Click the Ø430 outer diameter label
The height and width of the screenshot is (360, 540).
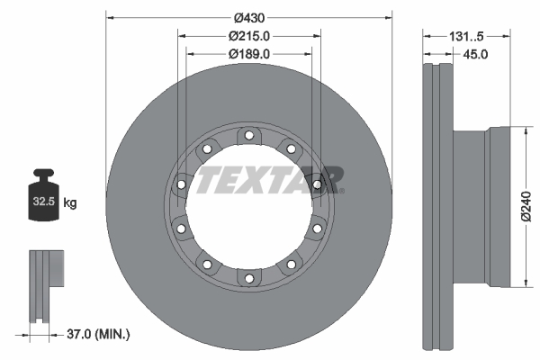250,17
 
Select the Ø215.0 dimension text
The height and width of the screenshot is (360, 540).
250,36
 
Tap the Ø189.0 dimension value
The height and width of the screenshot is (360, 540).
250,54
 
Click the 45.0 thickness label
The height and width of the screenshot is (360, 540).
474,54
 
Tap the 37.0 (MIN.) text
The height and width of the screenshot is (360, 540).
99,334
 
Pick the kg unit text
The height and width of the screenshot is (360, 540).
70,203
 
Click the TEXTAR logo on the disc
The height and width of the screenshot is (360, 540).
269,179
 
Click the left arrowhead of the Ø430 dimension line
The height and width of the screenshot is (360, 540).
110,16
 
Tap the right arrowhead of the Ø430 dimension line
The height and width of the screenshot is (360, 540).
390,16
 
